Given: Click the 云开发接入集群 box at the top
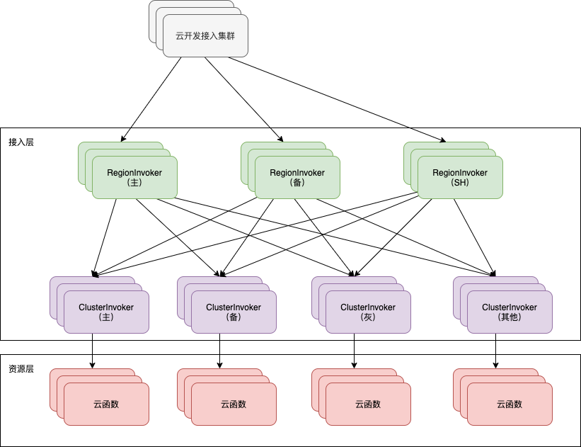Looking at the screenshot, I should tap(205, 35).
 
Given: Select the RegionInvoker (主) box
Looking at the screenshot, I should tap(134, 177).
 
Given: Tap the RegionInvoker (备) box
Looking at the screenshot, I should tap(297, 177).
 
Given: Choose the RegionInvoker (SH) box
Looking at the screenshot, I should tap(460, 177).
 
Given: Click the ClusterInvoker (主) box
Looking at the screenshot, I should tap(106, 312).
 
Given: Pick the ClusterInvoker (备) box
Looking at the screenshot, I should tap(234, 312).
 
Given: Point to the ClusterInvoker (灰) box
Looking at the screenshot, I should tap(368, 312).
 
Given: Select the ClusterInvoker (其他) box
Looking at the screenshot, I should tap(510, 312).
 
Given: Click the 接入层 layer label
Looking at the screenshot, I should tap(21, 142).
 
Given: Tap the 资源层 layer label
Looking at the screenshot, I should tap(21, 370).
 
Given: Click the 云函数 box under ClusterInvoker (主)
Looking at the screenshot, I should tap(106, 404).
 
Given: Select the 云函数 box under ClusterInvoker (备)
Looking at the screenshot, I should tap(234, 404).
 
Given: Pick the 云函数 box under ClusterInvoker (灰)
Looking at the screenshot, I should tap(368, 404).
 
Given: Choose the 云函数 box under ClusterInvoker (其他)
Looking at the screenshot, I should tap(510, 404).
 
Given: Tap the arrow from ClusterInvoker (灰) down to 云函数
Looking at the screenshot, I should tap(354, 351).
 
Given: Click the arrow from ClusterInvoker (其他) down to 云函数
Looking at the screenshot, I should tap(495, 351).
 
